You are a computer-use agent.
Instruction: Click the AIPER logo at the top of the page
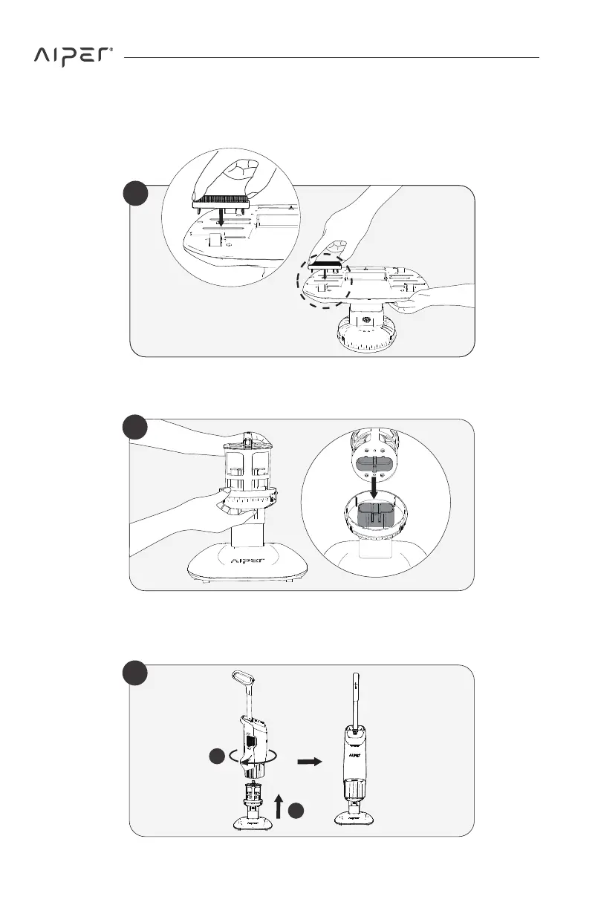pyautogui.click(x=73, y=57)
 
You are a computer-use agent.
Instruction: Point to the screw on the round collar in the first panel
pyautogui.click(x=365, y=321)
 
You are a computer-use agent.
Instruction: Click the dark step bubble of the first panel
pyautogui.click(x=136, y=196)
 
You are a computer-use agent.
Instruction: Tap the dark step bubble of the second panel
pyautogui.click(x=136, y=428)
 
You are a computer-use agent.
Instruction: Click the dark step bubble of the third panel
pyautogui.click(x=136, y=675)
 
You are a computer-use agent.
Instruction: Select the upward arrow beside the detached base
pyautogui.click(x=279, y=804)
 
